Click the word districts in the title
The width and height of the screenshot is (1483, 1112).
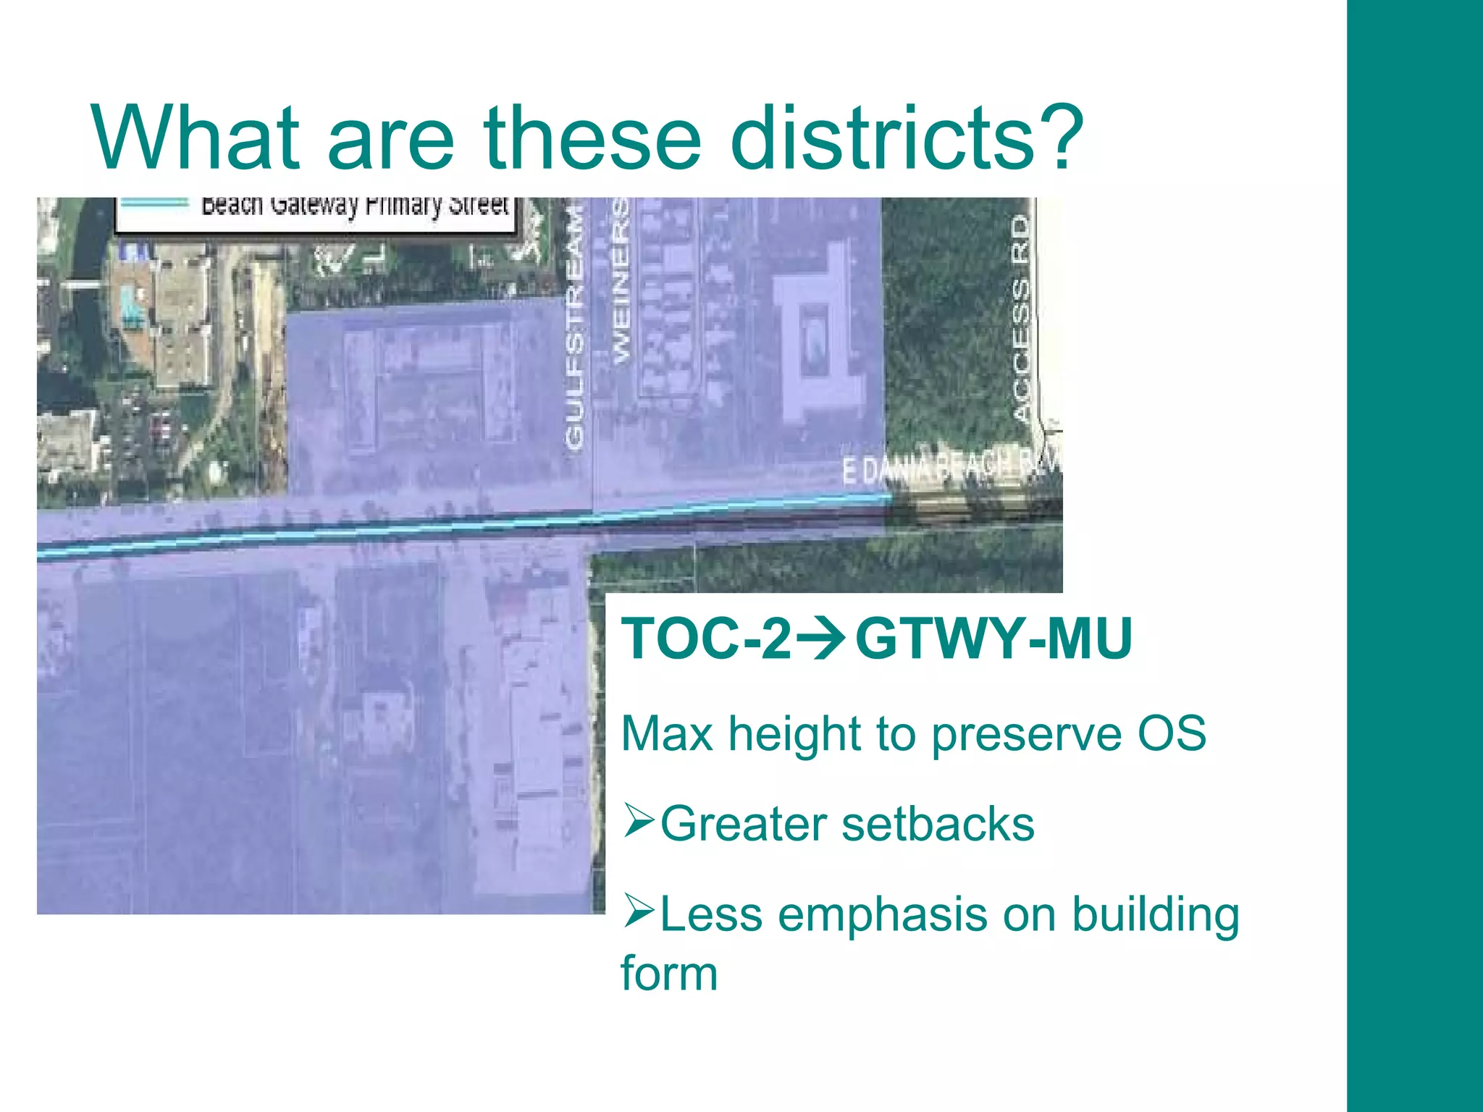click(x=880, y=138)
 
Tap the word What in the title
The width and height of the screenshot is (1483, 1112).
click(x=196, y=138)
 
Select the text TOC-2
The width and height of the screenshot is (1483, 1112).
click(x=706, y=639)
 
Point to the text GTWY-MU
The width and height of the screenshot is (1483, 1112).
click(x=993, y=639)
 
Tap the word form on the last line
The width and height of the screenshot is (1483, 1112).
click(x=669, y=973)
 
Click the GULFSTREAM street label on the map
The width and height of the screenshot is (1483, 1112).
click(x=574, y=326)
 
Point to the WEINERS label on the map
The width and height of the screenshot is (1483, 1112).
click(x=621, y=282)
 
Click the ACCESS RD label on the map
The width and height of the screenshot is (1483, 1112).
click(x=1021, y=319)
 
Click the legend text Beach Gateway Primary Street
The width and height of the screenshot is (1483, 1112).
click(x=355, y=206)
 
